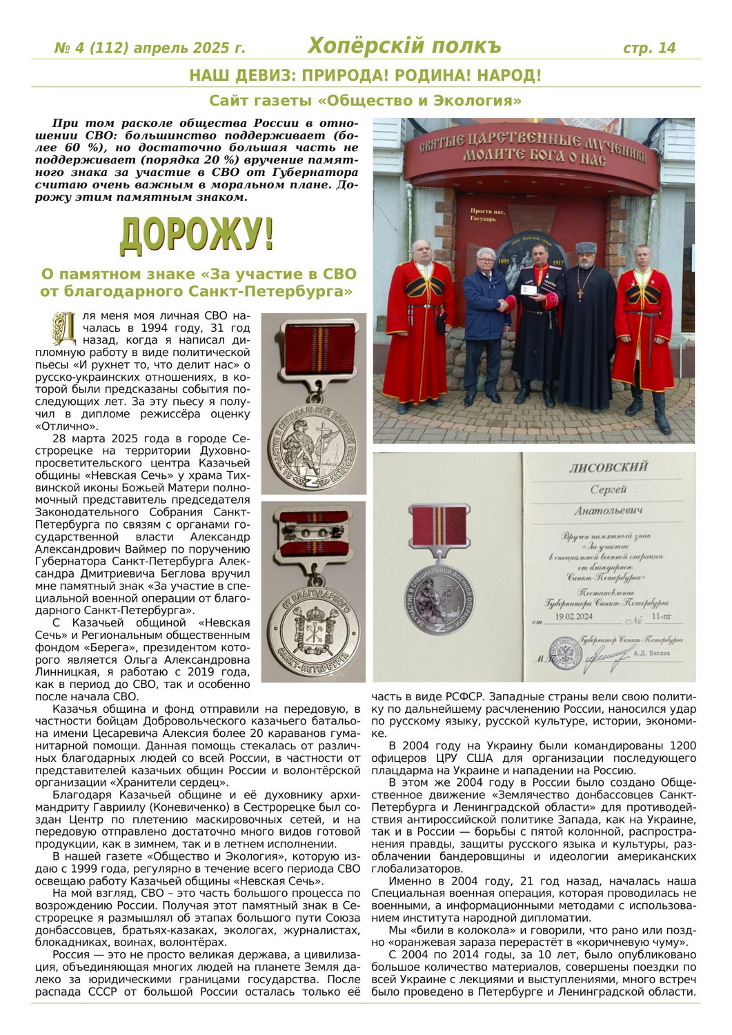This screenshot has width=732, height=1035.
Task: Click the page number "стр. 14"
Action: [649, 48]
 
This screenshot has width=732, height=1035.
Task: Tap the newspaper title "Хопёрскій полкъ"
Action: [404, 46]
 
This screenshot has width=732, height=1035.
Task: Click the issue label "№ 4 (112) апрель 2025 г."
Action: [150, 48]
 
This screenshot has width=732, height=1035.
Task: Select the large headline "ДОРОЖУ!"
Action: [197, 235]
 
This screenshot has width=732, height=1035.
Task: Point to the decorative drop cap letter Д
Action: [64, 328]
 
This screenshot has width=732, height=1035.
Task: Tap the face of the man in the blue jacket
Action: [486, 260]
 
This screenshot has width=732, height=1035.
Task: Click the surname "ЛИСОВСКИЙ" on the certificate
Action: [609, 467]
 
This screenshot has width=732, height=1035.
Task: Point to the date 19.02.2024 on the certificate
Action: [573, 617]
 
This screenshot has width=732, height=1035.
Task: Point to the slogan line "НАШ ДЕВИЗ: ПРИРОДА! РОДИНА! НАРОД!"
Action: [365, 75]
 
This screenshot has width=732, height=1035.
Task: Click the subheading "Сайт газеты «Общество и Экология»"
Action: [365, 101]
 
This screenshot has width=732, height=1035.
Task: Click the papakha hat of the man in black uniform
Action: [586, 247]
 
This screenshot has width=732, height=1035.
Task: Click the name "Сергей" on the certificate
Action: [608, 489]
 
